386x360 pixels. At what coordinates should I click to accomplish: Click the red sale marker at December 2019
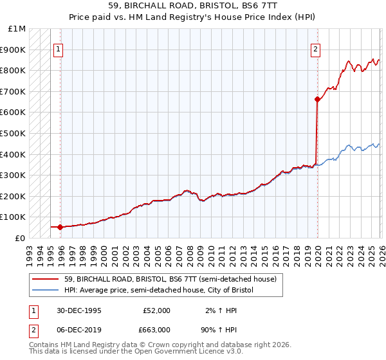pos(317,99)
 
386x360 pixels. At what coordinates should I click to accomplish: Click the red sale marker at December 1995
pos(60,227)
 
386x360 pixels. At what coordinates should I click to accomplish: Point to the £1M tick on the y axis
pos(17,29)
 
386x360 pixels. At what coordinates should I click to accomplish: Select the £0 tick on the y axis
pos(21,238)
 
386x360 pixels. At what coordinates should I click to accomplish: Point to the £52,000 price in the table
pos(158,310)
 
